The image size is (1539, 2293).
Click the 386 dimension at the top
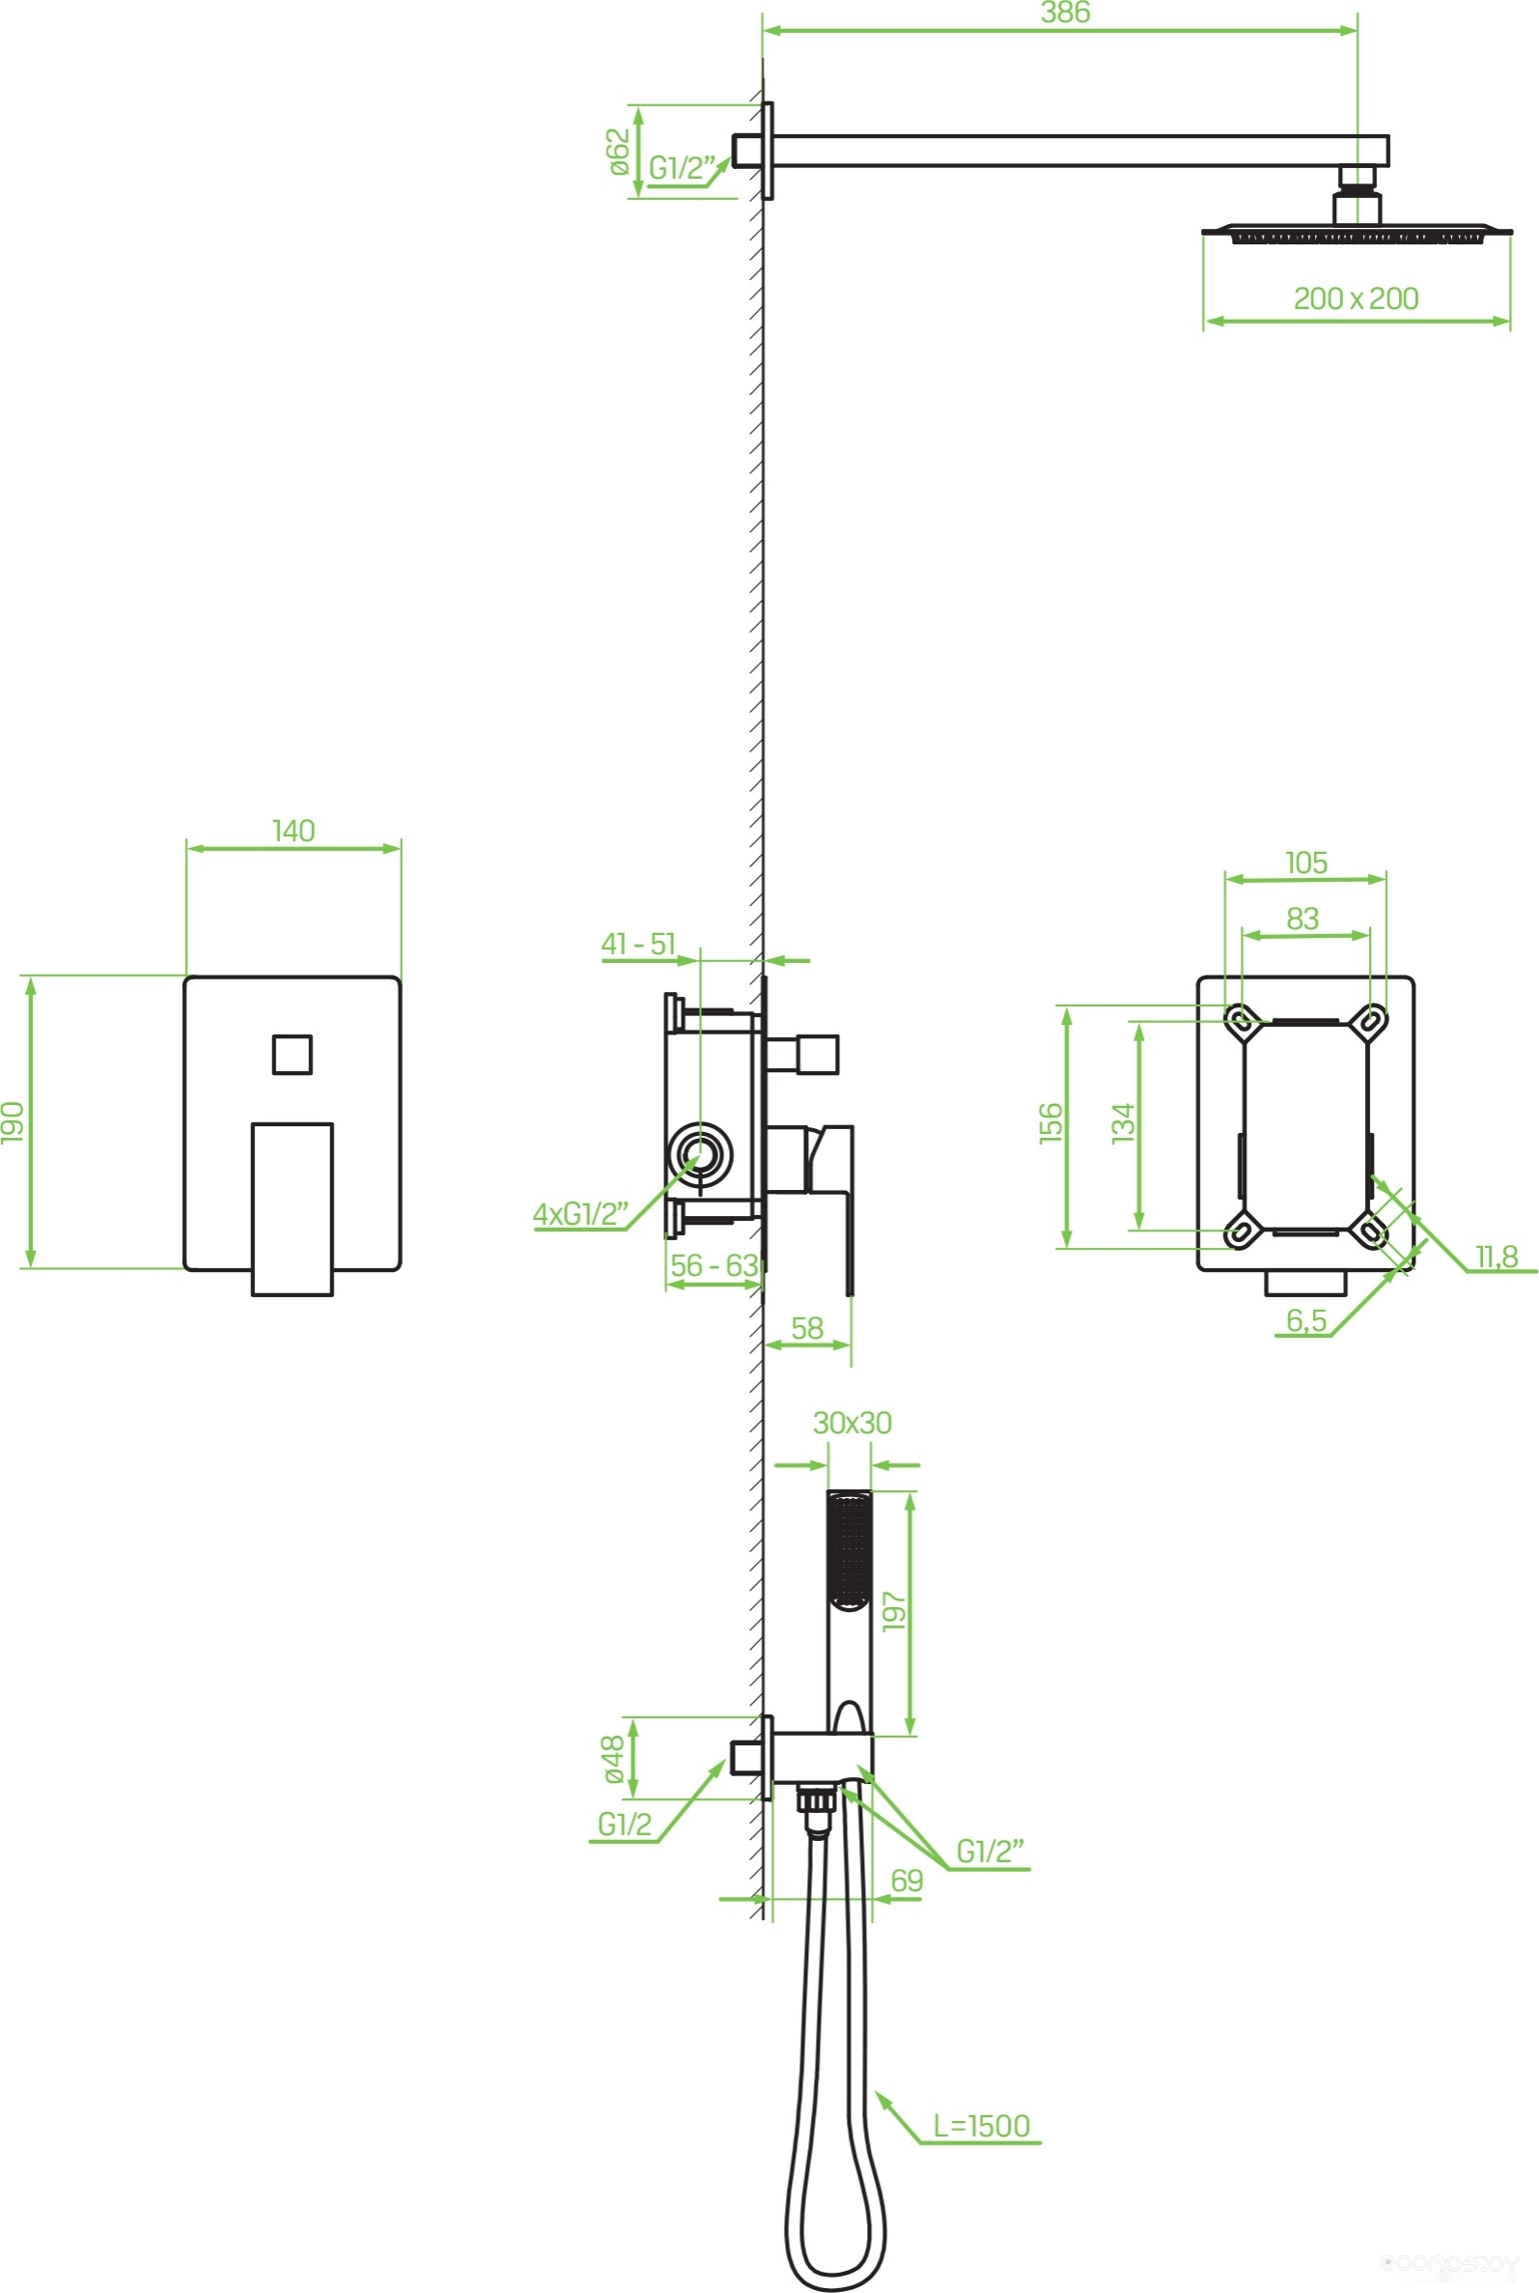(x=1065, y=13)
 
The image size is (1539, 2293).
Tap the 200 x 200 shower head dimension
(x=1356, y=298)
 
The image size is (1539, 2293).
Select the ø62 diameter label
(x=618, y=152)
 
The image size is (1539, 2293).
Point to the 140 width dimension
(x=294, y=831)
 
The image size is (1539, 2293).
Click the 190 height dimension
(x=13, y=1122)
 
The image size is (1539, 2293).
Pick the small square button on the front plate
(x=293, y=1054)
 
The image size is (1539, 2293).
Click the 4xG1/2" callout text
(x=580, y=1214)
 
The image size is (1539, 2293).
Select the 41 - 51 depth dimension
(x=639, y=944)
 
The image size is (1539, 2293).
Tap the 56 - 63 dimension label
(x=714, y=1265)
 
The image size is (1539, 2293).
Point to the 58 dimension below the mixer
(x=807, y=1328)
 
